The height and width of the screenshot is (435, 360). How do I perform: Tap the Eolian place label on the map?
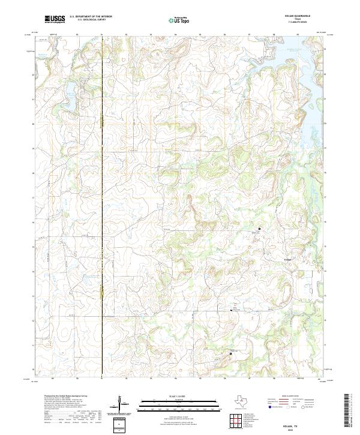coord(287,259)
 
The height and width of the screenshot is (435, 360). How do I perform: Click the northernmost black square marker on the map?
coord(259,229)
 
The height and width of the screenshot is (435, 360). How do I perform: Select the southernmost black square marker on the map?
coord(231,354)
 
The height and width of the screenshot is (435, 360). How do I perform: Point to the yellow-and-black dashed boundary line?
coord(102,210)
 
